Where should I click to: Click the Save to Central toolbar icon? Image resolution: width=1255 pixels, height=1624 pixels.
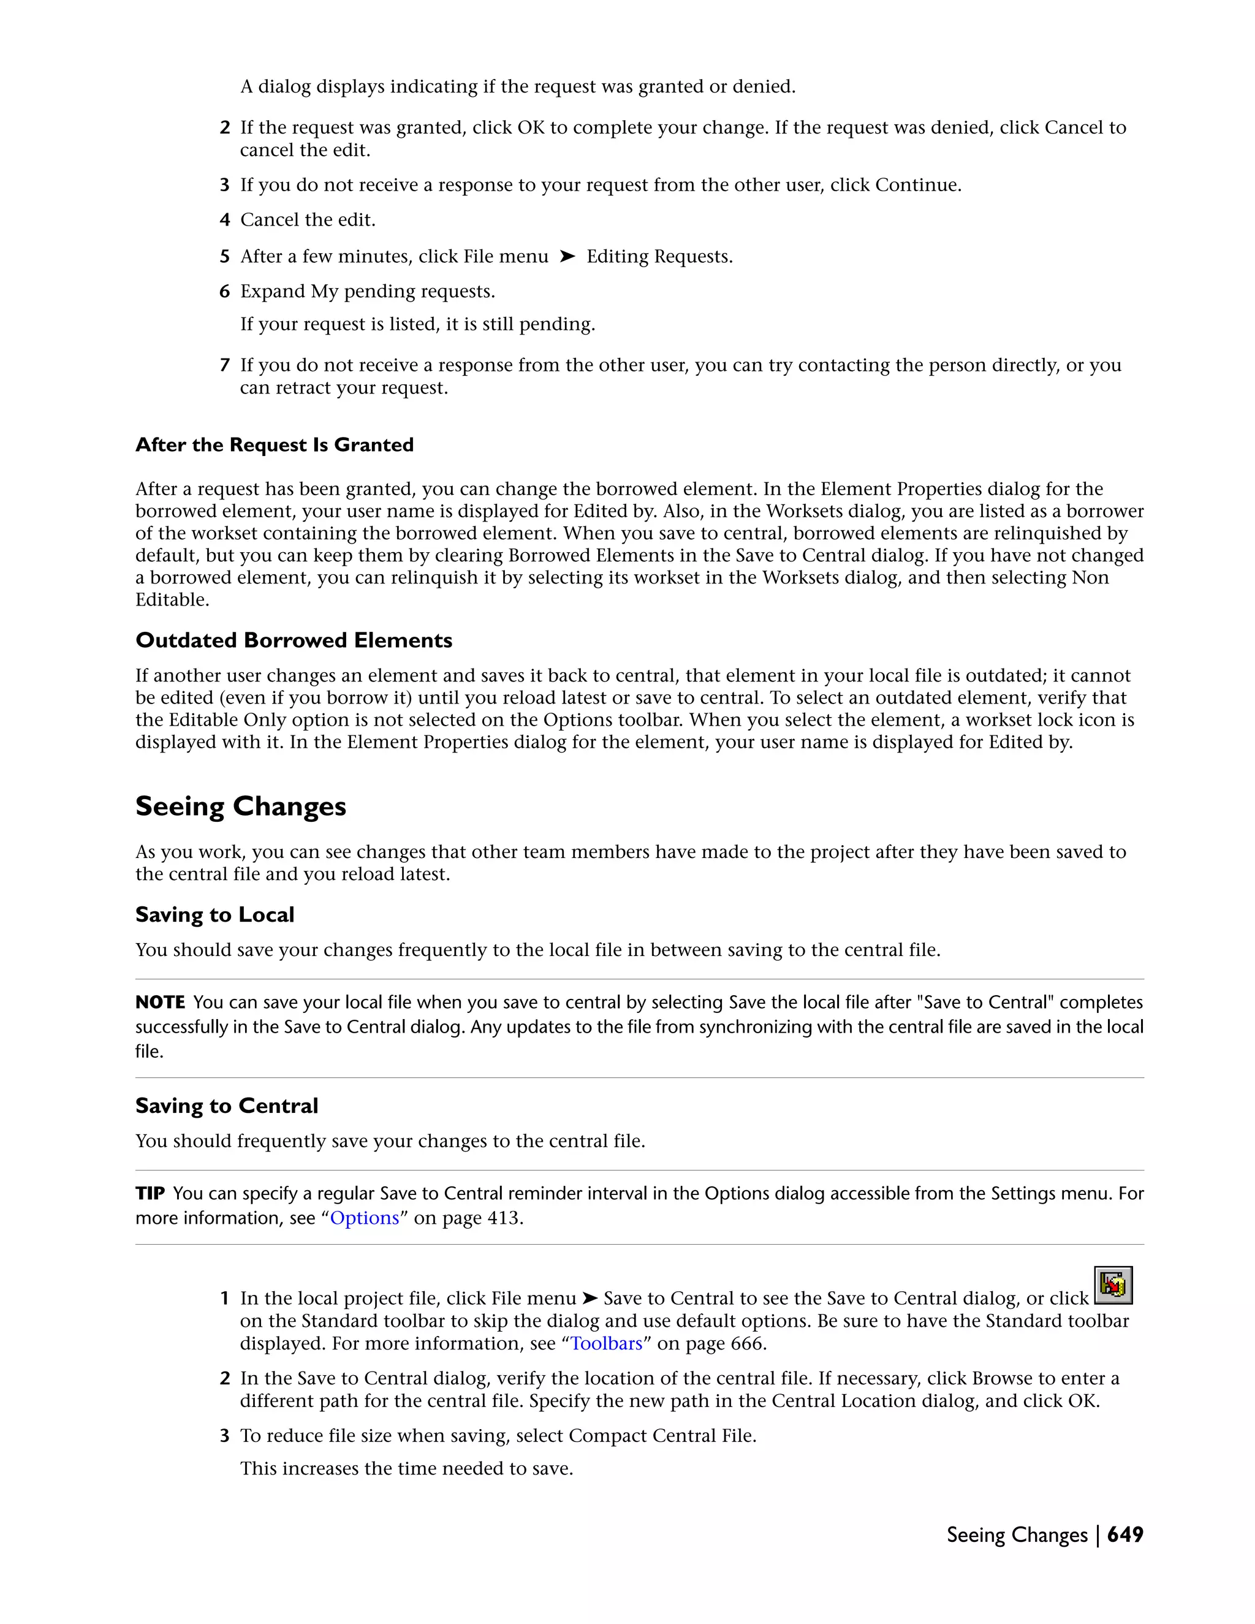[x=1113, y=1285]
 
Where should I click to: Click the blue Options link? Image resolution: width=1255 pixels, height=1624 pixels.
[x=365, y=1218]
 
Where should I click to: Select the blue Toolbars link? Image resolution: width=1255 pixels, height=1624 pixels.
[x=606, y=1344]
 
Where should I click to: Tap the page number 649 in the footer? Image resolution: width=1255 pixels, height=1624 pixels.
[x=1125, y=1535]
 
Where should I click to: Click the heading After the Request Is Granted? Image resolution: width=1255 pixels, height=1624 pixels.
[x=275, y=445]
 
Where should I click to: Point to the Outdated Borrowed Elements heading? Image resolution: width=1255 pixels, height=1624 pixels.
[x=294, y=640]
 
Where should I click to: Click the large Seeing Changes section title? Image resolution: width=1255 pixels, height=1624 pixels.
[x=241, y=807]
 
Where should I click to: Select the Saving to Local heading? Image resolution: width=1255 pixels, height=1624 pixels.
[x=215, y=914]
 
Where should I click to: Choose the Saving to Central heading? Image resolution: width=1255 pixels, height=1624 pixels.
[x=227, y=1106]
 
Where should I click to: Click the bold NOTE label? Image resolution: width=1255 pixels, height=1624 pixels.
[x=160, y=1003]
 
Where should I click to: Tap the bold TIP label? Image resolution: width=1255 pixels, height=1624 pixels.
[x=150, y=1193]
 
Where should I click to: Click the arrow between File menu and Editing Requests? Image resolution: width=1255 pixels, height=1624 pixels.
[x=567, y=257]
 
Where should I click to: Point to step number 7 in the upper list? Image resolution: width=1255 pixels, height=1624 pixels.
[x=224, y=365]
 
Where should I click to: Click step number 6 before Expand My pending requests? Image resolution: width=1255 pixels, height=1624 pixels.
[x=224, y=292]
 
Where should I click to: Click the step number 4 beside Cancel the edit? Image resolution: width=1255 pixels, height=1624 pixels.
[x=224, y=220]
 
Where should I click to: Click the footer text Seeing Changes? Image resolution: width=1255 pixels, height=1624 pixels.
[x=1017, y=1535]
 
